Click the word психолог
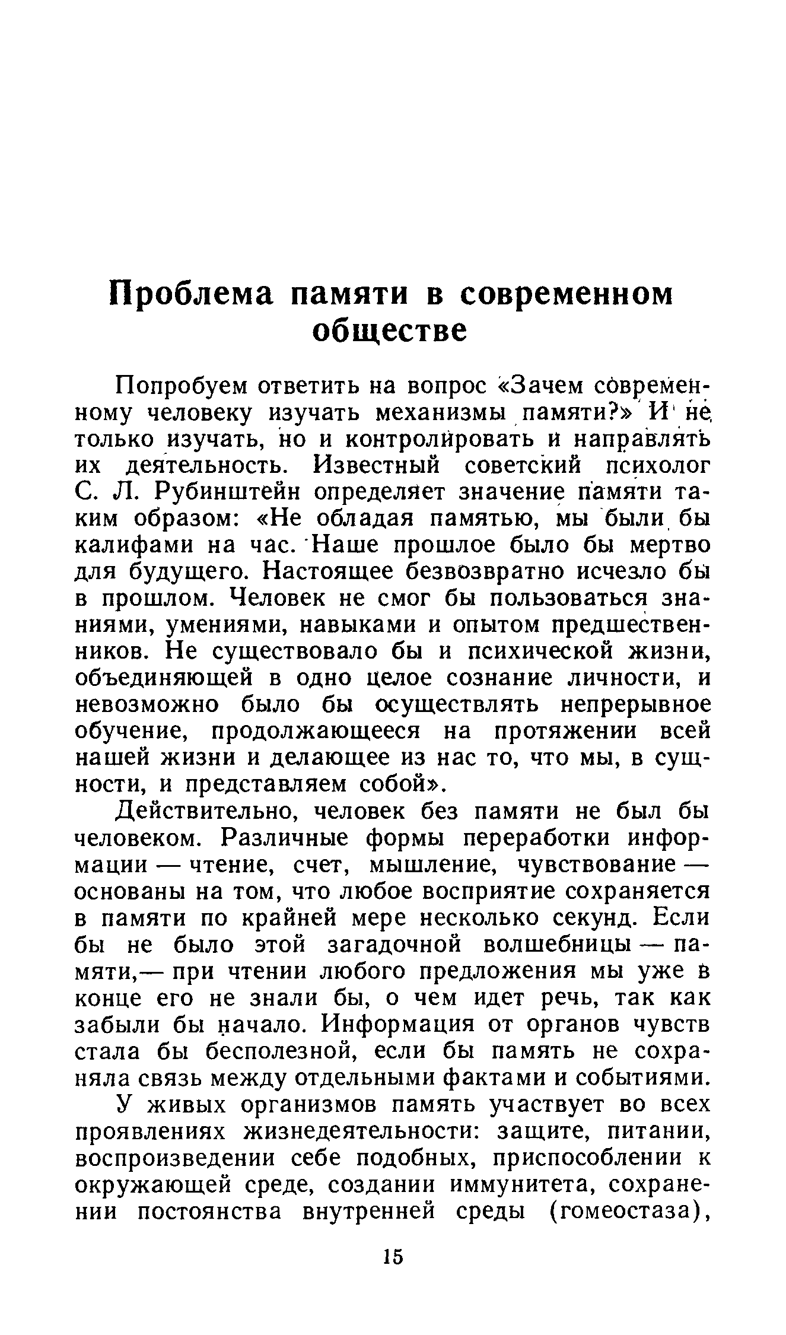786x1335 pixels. coord(655,465)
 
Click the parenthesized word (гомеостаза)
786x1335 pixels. coord(627,1212)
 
